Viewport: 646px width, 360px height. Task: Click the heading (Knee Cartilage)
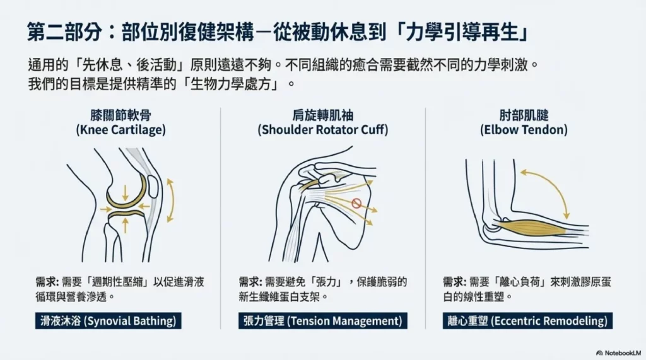[x=120, y=130]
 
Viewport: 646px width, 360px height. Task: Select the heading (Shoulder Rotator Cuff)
[x=323, y=130]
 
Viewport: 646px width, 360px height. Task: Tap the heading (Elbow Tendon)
[x=524, y=130]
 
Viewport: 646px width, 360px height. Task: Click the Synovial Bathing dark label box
[x=109, y=321]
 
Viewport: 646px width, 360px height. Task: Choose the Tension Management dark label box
[x=322, y=321]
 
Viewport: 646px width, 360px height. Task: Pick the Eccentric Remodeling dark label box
[x=527, y=321]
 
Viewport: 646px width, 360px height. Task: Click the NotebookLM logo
[x=618, y=353]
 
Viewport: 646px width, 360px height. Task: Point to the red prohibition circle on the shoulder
[x=356, y=203]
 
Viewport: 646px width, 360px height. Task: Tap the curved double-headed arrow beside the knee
[x=172, y=200]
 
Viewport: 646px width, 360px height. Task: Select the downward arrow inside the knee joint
[x=126, y=193]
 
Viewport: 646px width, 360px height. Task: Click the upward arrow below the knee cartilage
[x=126, y=225]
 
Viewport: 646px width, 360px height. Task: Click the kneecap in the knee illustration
[x=153, y=187]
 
